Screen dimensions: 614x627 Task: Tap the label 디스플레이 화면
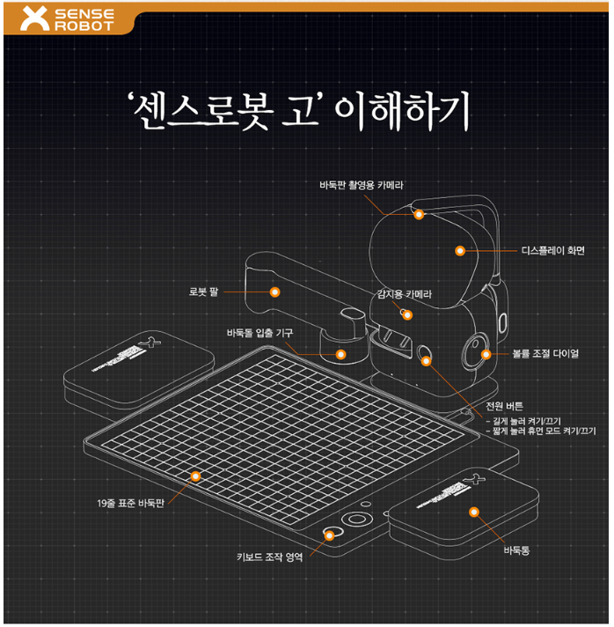click(558, 250)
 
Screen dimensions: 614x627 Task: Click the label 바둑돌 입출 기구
click(259, 332)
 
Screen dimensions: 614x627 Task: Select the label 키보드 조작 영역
click(270, 557)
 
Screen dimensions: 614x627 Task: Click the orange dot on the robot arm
click(274, 291)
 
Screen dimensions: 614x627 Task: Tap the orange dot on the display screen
click(459, 251)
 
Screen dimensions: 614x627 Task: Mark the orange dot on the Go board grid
click(195, 476)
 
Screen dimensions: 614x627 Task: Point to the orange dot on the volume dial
click(486, 354)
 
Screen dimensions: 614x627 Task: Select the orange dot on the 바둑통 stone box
click(473, 512)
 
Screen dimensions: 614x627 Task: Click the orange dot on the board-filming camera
click(419, 214)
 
